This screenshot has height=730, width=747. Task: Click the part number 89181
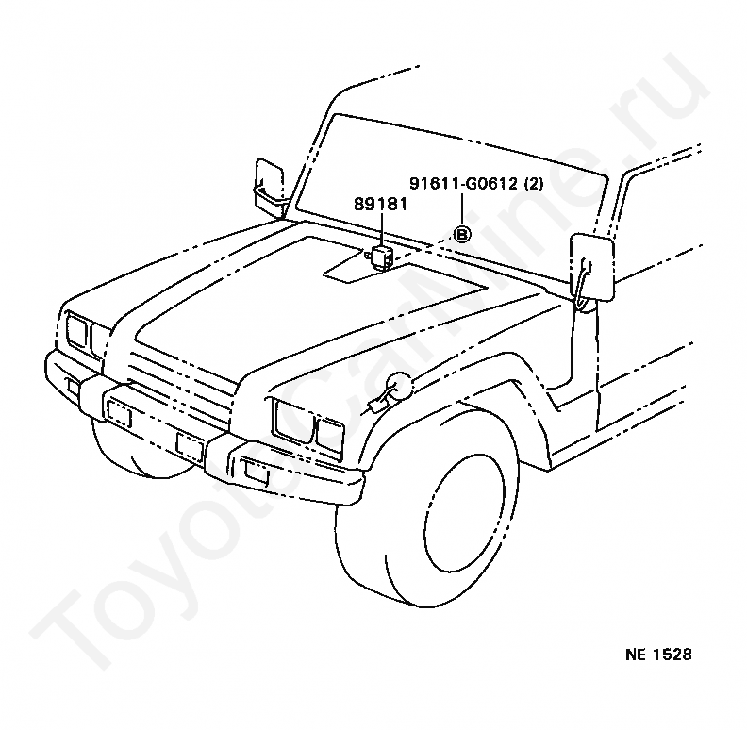(380, 203)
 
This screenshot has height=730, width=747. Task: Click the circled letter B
(462, 235)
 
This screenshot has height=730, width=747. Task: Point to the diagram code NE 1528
(658, 654)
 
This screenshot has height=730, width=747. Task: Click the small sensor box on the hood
(381, 254)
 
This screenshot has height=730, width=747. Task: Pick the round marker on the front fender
(397, 387)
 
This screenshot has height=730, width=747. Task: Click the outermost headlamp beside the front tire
(329, 435)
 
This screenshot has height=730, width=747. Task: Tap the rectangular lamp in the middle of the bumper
(189, 445)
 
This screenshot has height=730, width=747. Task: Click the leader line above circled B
(462, 209)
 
